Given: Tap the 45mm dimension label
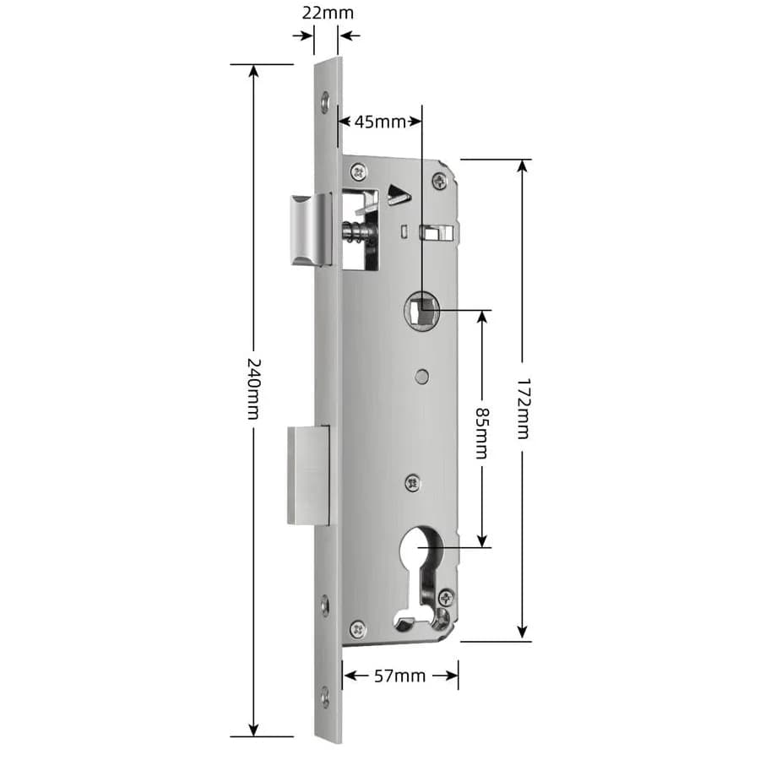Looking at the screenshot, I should (x=379, y=122).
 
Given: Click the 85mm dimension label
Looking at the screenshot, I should (x=481, y=433).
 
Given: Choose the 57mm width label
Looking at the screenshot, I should (x=399, y=676).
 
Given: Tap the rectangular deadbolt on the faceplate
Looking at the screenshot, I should (x=308, y=474).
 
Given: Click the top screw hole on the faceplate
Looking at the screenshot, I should (x=326, y=102).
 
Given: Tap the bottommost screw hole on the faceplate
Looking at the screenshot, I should (x=326, y=697).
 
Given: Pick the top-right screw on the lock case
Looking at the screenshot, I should (x=438, y=180).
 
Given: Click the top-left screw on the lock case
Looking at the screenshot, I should (x=359, y=171).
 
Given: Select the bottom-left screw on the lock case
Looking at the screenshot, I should (x=358, y=628).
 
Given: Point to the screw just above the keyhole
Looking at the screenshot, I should (x=413, y=483).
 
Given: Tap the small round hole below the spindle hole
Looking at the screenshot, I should (x=421, y=377).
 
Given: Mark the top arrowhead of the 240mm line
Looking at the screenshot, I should (x=253, y=70).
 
